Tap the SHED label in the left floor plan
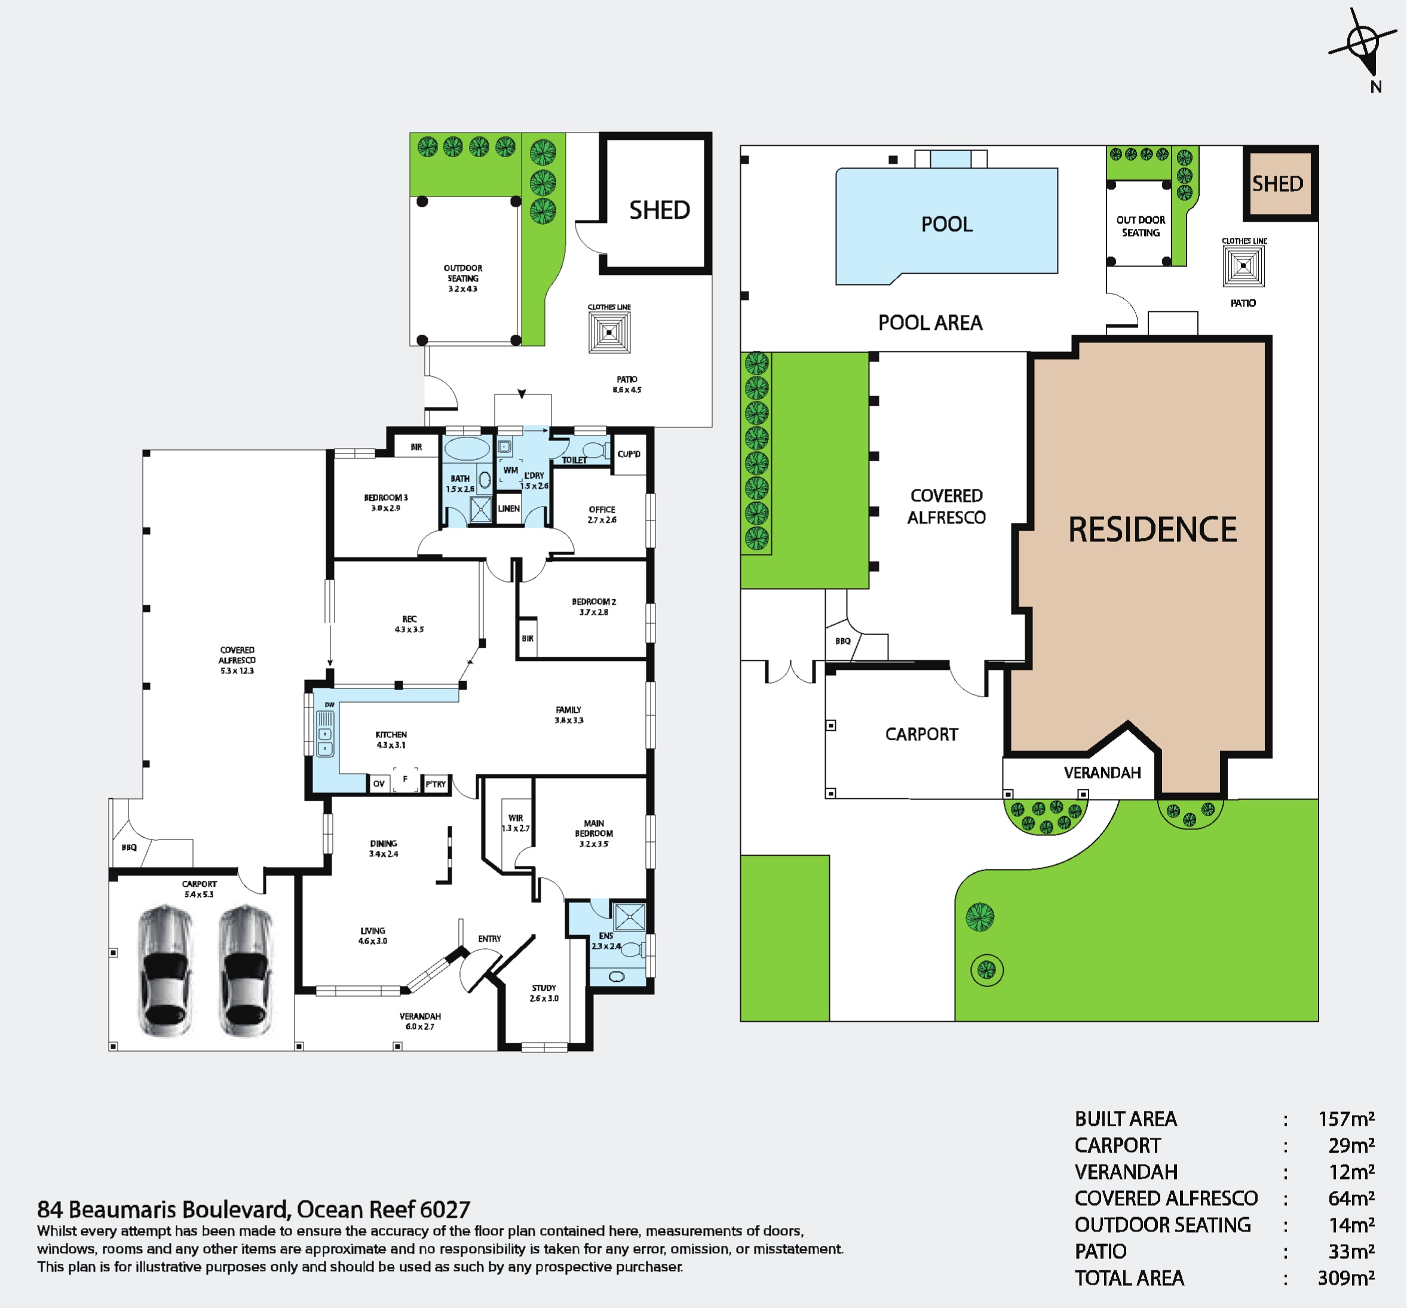[x=659, y=210]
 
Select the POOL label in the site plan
[x=946, y=224]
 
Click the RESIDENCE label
[x=1152, y=529]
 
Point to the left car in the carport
[x=165, y=971]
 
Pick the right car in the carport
[x=245, y=971]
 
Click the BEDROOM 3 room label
[x=386, y=503]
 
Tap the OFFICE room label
[x=602, y=514]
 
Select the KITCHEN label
[x=391, y=740]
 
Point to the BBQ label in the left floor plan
[x=129, y=847]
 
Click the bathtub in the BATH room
[x=465, y=449]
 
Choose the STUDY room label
[x=544, y=993]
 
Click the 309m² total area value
[x=1346, y=1278]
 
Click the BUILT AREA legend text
[x=1126, y=1119]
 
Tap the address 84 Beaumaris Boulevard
[x=163, y=1209]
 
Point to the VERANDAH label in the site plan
[x=1102, y=773]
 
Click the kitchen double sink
[x=325, y=735]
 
